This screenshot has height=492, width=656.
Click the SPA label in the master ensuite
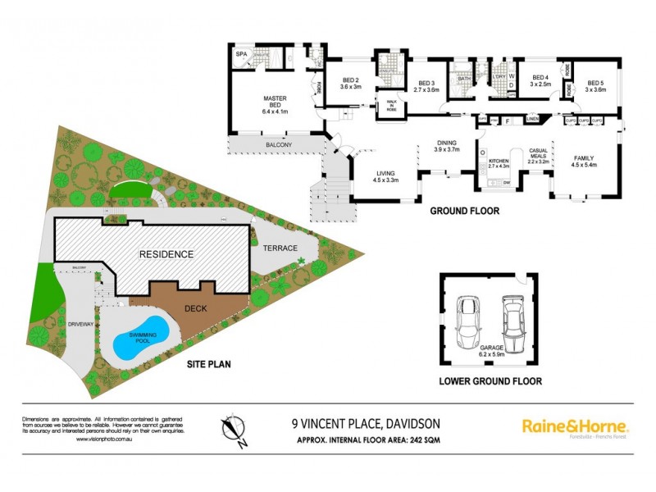[x=241, y=54]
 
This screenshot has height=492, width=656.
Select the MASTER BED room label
[x=274, y=102]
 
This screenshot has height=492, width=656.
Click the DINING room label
[x=447, y=146]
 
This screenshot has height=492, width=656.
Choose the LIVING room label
[x=386, y=177]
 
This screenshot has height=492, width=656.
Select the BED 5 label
[x=596, y=84]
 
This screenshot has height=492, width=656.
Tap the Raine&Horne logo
[x=575, y=427]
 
